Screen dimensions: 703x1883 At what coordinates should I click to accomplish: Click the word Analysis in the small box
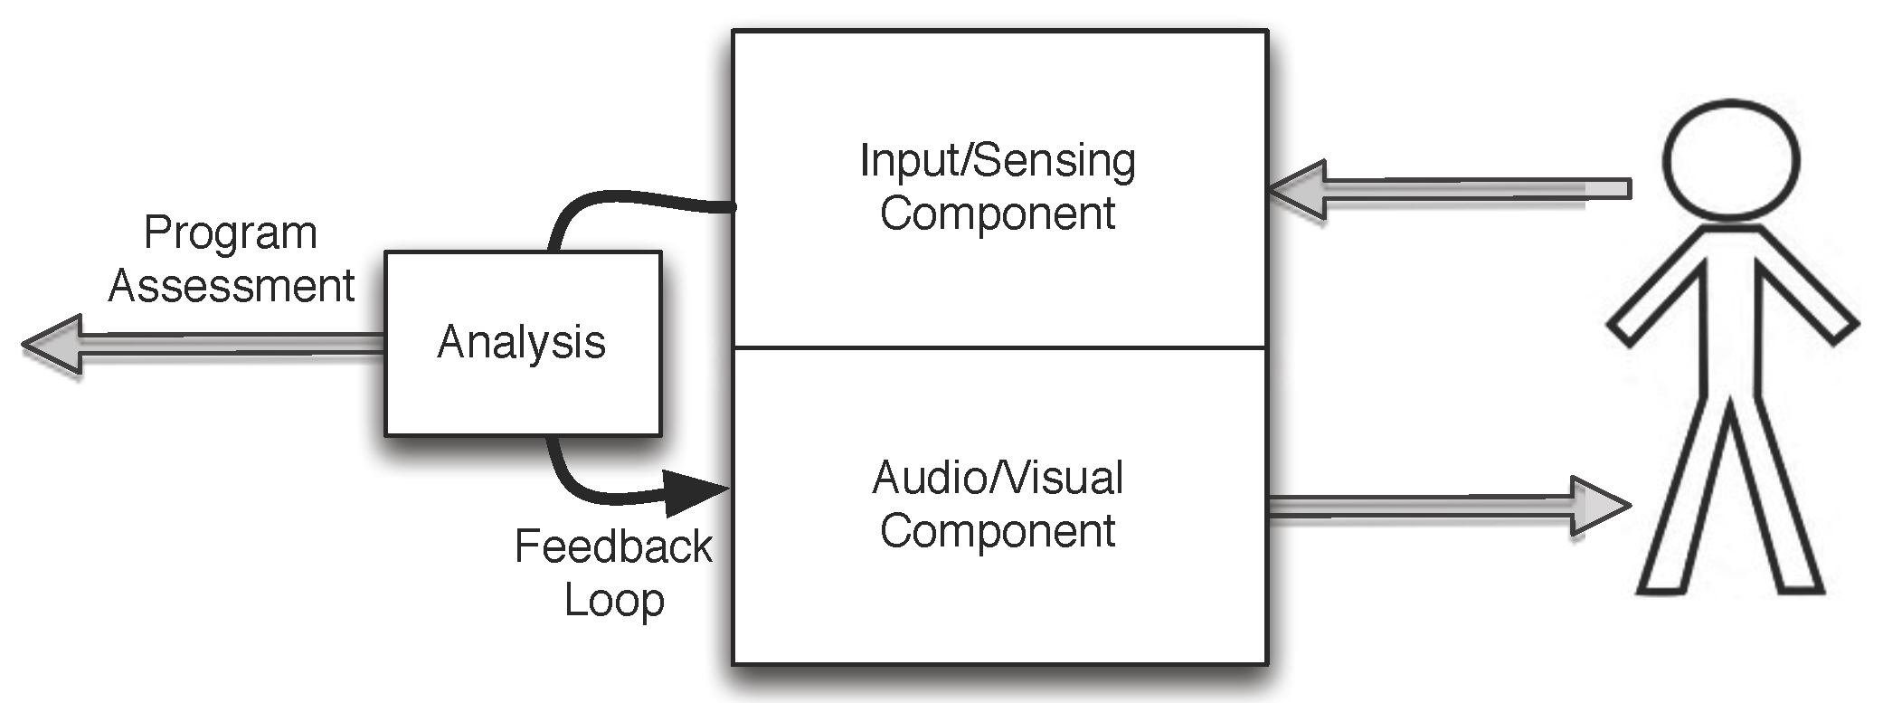click(521, 343)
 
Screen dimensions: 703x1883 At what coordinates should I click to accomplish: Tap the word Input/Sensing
click(997, 161)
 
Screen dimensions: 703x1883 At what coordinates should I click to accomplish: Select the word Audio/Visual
click(997, 478)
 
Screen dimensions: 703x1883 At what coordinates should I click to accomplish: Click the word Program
click(230, 234)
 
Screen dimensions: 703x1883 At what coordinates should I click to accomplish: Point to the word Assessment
click(231, 287)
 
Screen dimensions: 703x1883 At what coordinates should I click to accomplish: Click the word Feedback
click(612, 546)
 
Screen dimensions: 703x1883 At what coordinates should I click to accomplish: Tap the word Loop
click(614, 600)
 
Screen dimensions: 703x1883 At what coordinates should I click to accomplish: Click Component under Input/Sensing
click(997, 214)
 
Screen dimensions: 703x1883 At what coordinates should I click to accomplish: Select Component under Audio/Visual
click(997, 530)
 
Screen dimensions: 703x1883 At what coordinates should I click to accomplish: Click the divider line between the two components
click(998, 347)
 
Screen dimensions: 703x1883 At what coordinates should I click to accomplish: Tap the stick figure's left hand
click(1624, 331)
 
